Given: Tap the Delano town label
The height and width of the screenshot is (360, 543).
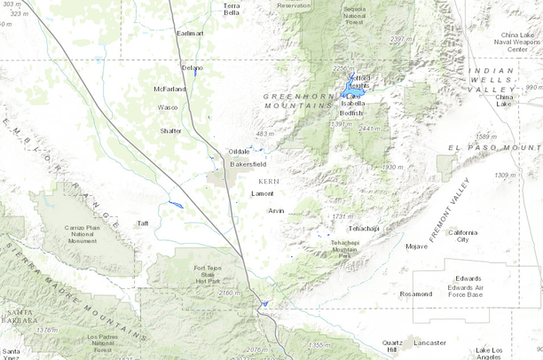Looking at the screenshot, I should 192,67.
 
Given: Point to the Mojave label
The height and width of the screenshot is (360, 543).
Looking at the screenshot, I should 416,246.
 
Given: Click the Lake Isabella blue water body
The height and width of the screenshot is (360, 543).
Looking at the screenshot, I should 352,92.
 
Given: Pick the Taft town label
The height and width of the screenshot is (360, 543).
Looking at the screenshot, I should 142,223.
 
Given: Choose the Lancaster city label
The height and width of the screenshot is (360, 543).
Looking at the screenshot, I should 429,342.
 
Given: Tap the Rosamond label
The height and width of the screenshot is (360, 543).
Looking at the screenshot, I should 416,293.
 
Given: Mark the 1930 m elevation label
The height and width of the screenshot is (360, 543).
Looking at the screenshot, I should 393,167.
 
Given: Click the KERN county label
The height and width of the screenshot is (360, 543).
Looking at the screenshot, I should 269,180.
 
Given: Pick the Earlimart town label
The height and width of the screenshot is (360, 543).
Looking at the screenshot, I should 190,33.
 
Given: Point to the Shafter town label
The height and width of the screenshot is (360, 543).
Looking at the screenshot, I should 170,130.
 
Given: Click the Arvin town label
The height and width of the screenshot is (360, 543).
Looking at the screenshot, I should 277,210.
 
